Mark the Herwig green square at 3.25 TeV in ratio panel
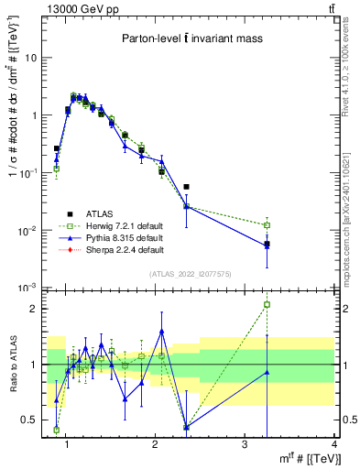267,304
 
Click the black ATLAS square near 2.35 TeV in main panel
187,187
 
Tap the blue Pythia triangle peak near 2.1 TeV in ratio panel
161,332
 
